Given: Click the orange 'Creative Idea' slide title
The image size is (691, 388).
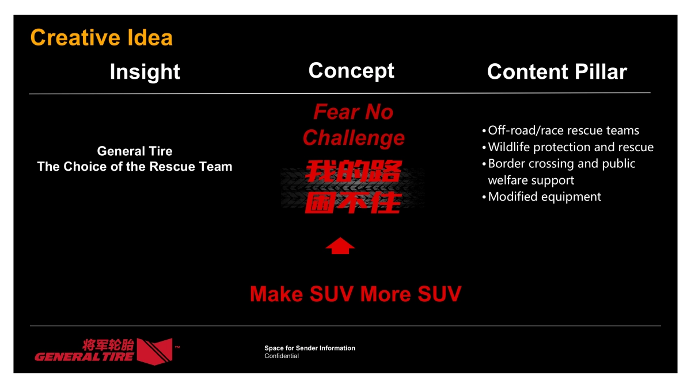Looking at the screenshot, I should point(101,38).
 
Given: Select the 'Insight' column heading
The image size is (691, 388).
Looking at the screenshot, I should point(145,72).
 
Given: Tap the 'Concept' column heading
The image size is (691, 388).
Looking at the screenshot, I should point(351,71).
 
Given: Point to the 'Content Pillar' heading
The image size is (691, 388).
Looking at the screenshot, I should point(557,72).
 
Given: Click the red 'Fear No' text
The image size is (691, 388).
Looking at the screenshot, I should point(353,112).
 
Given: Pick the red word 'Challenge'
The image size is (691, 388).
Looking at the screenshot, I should point(354,138).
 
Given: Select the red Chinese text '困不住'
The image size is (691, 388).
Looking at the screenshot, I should point(352,202).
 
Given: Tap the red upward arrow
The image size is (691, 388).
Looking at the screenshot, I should point(340,245).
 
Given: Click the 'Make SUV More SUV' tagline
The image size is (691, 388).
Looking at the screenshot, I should point(355,294).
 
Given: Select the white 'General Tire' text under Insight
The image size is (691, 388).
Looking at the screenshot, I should point(135,151).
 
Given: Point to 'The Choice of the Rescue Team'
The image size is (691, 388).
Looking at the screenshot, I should point(135,167).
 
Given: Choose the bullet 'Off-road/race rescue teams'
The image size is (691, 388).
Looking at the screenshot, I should point(563,130).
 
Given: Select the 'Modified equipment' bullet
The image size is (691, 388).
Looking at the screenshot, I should point(544,197).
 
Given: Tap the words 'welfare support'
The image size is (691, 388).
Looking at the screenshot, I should point(531,180).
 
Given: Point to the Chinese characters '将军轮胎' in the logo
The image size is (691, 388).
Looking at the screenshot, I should point(108,345).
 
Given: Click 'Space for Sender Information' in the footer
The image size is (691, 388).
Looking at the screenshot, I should point(310,348).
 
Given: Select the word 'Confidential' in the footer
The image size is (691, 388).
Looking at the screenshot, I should point(282,356).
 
